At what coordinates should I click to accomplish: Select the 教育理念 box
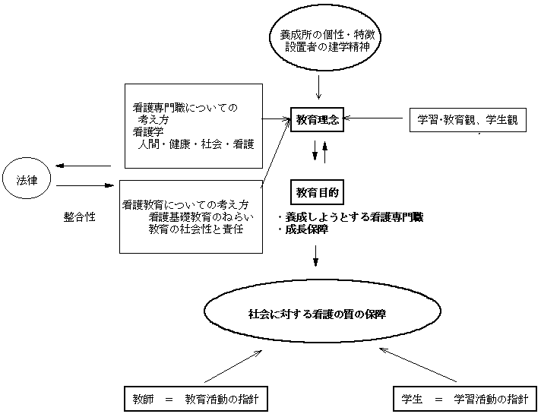click(316, 119)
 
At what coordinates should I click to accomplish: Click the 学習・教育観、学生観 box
click(467, 120)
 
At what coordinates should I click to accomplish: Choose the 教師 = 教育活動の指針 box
click(195, 399)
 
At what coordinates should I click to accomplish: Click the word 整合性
click(79, 216)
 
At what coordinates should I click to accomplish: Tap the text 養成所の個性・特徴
click(324, 35)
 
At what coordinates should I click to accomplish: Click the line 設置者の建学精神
click(324, 47)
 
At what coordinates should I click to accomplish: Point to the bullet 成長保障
click(305, 229)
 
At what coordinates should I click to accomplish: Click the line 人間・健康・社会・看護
click(195, 144)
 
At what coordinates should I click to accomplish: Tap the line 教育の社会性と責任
click(196, 229)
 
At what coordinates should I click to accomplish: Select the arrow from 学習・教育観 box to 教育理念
click(375, 118)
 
